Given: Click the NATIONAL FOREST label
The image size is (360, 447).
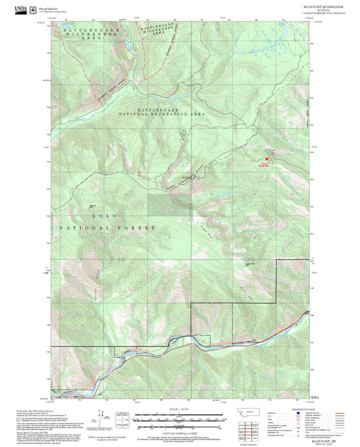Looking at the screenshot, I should click(x=108, y=228).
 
